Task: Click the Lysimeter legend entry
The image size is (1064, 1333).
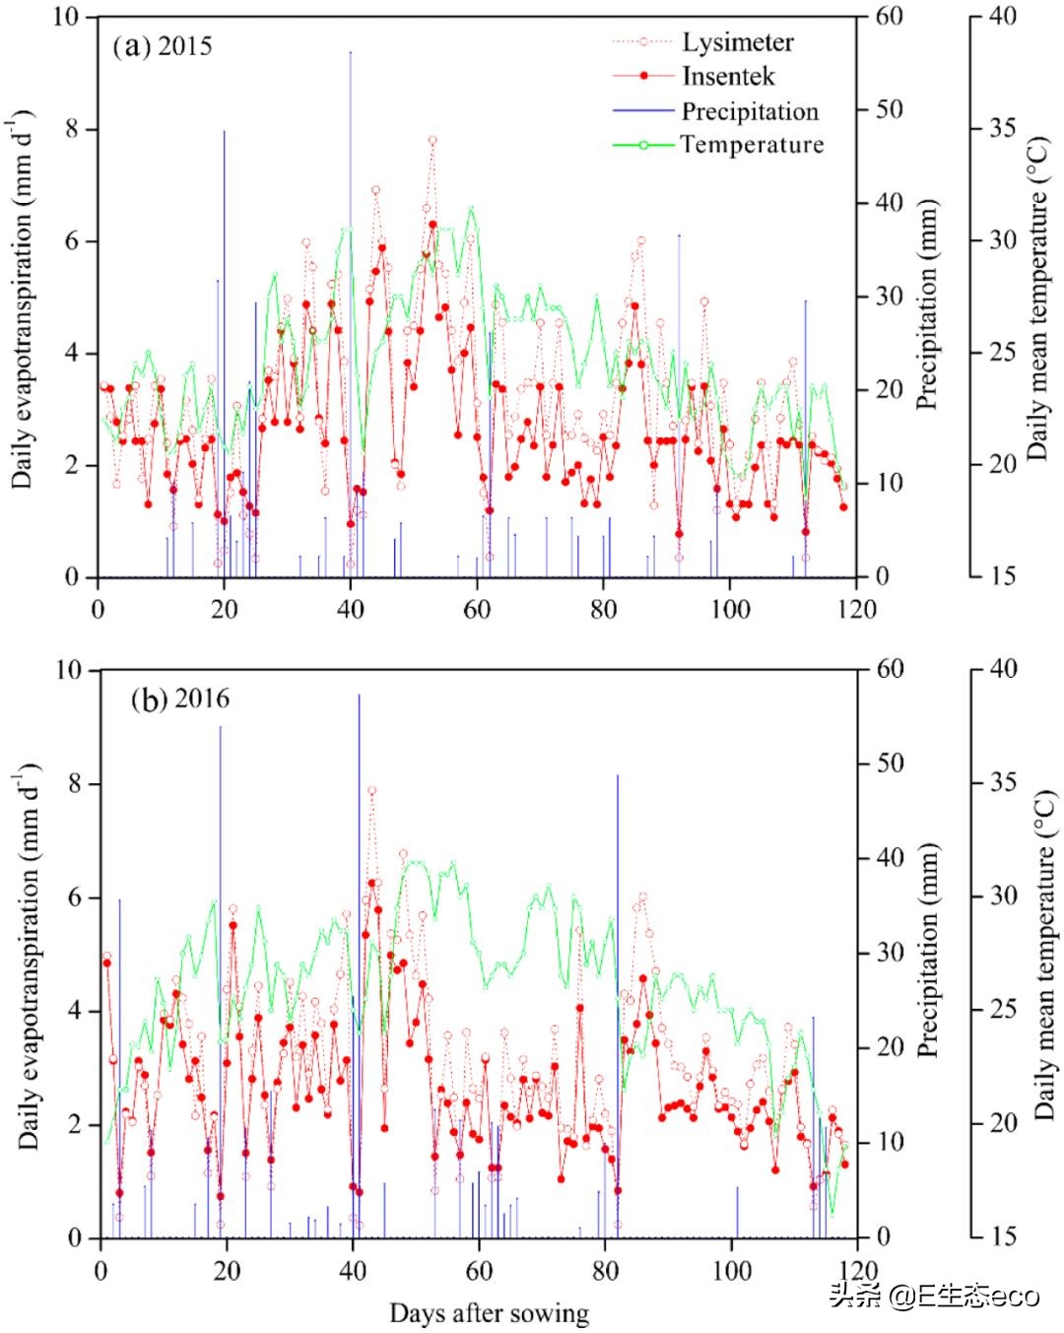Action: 737,42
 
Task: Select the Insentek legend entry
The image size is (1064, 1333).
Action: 728,77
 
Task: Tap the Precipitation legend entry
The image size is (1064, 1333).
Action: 749,111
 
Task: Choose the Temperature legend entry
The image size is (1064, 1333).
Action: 752,145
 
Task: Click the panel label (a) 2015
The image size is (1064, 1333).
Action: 163,46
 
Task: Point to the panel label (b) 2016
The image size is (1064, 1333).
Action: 180,700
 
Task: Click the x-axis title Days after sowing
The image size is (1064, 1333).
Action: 490,1313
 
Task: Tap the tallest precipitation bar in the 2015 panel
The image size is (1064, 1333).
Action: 350,296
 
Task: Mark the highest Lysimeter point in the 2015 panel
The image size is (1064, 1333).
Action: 432,141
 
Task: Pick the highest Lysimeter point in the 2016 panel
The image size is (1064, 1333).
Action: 371,790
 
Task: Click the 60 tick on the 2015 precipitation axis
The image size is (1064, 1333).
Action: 889,17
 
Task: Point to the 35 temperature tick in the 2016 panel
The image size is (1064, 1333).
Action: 1003,782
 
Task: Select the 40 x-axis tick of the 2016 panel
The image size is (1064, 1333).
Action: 353,1270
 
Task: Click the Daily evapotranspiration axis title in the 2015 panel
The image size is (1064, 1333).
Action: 24,300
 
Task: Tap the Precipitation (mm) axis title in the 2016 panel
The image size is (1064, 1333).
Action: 928,951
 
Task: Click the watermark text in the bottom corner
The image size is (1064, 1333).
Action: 934,1296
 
